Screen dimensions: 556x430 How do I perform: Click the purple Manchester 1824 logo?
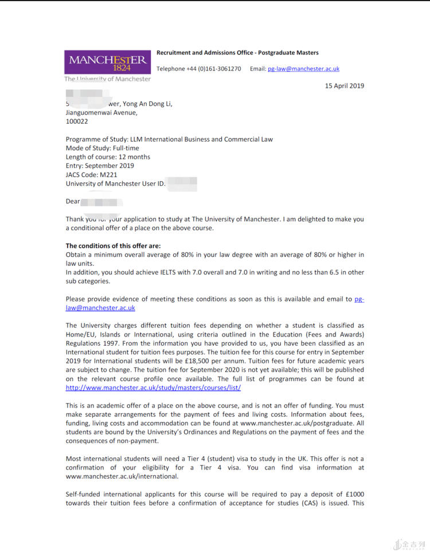tap(108, 62)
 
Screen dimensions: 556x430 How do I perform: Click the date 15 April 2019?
tap(344, 86)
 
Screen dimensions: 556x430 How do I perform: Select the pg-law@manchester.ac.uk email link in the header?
tap(303, 69)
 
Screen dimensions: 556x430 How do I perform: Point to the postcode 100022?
tap(77, 122)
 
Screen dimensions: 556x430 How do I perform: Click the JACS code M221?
tap(108, 175)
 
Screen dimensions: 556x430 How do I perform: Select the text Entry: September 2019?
tap(100, 166)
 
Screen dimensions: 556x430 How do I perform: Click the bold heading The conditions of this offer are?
tap(114, 246)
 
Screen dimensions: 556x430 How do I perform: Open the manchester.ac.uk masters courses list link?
tap(153, 388)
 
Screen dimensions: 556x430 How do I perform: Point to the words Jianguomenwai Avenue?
tap(101, 113)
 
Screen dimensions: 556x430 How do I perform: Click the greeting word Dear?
tap(73, 202)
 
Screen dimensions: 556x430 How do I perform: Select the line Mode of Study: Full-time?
tap(102, 148)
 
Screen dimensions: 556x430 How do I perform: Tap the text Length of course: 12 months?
tap(108, 157)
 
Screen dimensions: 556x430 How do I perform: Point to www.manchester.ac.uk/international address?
tap(122, 476)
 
